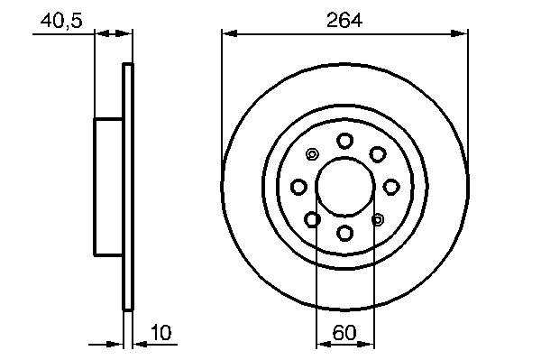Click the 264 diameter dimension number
pos(344,20)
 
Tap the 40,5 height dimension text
pos(61,21)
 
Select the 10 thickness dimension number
pos(161,333)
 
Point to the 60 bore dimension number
pos(344,333)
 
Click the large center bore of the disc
pos(345,187)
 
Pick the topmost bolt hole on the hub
pos(344,141)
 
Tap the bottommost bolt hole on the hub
pos(344,233)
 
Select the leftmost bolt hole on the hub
pos(298,187)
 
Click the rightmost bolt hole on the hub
pos(391,187)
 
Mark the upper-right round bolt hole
pos(377,154)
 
